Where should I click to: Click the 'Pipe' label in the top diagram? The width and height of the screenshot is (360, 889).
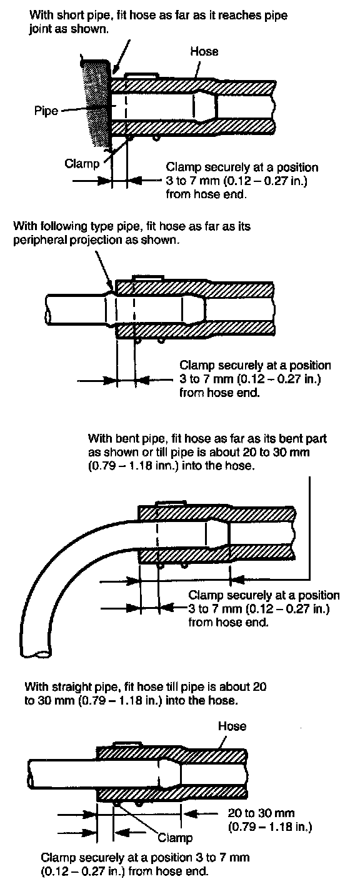(46, 110)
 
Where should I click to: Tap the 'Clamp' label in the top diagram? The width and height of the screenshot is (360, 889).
(82, 163)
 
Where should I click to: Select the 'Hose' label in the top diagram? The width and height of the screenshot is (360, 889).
(204, 51)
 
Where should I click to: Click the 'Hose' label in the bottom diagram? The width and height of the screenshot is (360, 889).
(232, 726)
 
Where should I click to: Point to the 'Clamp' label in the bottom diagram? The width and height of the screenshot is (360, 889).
(175, 837)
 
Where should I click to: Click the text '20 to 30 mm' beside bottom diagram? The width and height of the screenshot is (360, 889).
(261, 813)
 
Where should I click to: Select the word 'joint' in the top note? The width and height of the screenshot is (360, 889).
(39, 29)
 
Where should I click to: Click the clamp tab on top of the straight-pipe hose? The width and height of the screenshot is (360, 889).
(127, 744)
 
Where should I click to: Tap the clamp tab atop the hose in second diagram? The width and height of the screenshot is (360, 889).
(147, 278)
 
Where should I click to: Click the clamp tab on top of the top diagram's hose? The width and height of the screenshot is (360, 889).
(141, 75)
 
